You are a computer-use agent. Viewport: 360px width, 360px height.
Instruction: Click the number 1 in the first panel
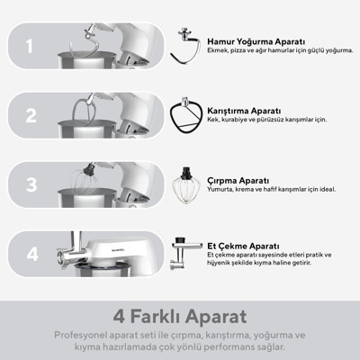pyautogui.click(x=29, y=46)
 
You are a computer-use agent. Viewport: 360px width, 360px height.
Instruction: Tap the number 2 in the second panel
pyautogui.click(x=31, y=115)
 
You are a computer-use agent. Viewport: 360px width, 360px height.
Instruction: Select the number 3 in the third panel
pyautogui.click(x=31, y=184)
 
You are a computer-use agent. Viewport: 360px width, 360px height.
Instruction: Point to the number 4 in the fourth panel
pyautogui.click(x=32, y=255)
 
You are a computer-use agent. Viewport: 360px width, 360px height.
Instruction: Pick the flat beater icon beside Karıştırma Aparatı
pyautogui.click(x=184, y=115)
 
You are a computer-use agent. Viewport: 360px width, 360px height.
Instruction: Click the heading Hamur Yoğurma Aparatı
pyautogui.click(x=256, y=41)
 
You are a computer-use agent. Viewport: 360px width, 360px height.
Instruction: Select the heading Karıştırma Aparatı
pyautogui.click(x=244, y=111)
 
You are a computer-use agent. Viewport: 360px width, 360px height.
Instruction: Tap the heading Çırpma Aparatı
pyautogui.click(x=238, y=181)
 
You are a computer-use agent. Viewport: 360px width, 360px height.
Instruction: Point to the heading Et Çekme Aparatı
pyautogui.click(x=243, y=246)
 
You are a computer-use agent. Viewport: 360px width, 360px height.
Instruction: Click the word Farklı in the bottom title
pyautogui.click(x=155, y=317)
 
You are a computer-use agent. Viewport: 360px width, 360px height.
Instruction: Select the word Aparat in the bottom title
pyautogui.click(x=216, y=317)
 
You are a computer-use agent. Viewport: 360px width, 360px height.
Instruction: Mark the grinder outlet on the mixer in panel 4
pyautogui.click(x=63, y=257)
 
